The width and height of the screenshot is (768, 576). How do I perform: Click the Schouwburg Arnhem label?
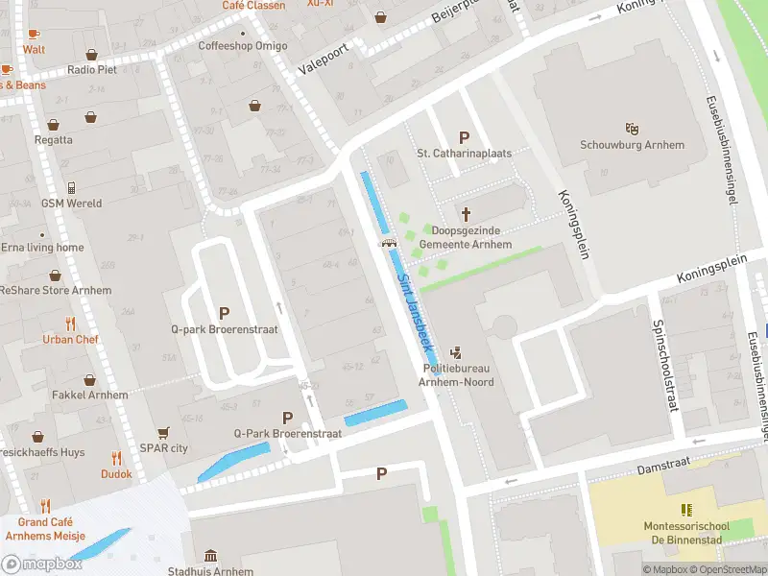[632, 145]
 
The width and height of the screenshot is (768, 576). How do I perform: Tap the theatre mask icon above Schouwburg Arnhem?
[632, 128]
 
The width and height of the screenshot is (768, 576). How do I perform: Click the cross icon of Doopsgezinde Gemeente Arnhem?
[467, 214]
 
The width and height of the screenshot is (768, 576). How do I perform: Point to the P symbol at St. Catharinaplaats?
[466, 137]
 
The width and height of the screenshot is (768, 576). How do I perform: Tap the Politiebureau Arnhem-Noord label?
[456, 375]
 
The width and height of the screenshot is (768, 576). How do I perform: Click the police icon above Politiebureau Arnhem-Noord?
[456, 351]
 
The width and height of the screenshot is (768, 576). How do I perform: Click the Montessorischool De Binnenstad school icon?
[685, 509]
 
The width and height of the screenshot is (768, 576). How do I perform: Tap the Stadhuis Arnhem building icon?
[210, 555]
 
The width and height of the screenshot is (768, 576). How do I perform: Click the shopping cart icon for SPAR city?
[163, 432]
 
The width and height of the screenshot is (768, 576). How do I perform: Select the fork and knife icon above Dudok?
[116, 458]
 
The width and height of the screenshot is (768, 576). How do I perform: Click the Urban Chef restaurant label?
[70, 339]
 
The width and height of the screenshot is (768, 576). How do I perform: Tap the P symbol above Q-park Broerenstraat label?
[224, 313]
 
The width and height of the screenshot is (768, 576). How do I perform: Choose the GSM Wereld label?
[71, 204]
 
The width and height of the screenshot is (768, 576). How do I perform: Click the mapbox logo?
[42, 564]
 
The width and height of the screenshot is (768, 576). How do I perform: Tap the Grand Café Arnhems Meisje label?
[45, 529]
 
